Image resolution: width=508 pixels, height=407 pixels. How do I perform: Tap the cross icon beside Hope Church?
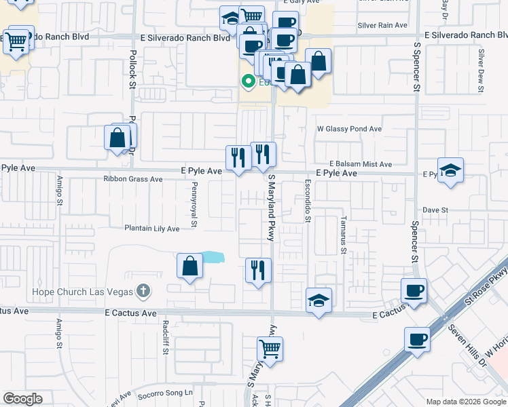143,291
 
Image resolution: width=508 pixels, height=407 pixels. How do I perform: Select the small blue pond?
213,257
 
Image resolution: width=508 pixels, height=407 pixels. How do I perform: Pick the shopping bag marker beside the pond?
190,267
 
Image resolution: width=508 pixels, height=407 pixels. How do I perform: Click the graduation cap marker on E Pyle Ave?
450,170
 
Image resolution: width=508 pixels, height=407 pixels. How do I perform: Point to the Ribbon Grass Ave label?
133,179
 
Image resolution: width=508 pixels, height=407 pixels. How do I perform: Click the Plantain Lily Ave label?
151,229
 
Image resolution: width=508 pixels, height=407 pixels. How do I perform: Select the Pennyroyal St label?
194,204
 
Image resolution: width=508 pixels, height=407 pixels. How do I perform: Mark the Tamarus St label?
344,235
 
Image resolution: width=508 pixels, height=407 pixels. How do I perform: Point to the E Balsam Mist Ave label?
361,164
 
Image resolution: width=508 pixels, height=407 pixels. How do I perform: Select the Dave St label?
435,210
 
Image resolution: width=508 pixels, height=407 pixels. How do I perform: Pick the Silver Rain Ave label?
382,24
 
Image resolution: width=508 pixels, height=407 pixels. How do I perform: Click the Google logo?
22,399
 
